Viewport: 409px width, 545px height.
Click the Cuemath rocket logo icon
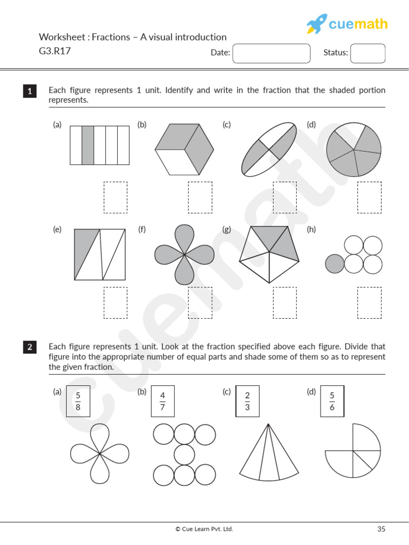point(316,24)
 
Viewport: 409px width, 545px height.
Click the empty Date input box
point(272,53)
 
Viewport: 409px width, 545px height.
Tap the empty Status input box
point(367,53)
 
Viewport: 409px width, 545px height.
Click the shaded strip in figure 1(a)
point(88,145)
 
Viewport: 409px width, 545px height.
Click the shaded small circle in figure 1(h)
point(334,263)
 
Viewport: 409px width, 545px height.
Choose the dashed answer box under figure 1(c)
point(285,197)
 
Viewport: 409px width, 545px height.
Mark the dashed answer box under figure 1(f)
point(200,302)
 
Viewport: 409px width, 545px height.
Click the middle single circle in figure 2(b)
point(185,454)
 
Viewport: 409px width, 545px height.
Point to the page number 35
point(381,529)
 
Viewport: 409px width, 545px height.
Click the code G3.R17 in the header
point(55,52)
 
